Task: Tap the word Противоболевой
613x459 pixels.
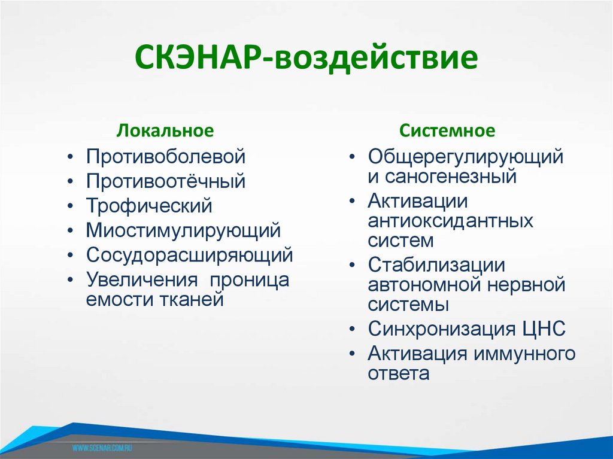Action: [x=166, y=157]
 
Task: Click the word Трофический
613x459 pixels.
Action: [x=149, y=206]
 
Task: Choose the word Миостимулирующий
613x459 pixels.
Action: [x=183, y=230]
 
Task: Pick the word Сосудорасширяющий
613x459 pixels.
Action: [x=189, y=255]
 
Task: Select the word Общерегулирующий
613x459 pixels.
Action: [x=466, y=157]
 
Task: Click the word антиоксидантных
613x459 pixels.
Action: [x=450, y=221]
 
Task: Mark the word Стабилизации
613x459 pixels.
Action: [x=436, y=266]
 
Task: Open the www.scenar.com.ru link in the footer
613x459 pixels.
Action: [x=102, y=447]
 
